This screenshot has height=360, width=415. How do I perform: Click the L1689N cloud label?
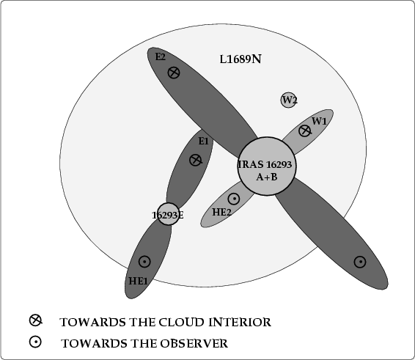point(240,59)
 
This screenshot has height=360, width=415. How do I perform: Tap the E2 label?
point(161,56)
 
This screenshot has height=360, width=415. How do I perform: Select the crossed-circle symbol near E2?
point(174,73)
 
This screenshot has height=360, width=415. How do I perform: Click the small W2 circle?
point(288,100)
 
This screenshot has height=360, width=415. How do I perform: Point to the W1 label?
point(319,121)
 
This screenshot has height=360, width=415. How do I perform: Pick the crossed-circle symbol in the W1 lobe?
point(304,131)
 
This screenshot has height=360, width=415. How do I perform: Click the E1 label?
point(204,141)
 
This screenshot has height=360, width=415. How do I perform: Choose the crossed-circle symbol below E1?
point(196,160)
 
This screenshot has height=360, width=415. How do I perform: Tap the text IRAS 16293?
point(265,164)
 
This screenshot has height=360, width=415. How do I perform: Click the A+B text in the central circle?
point(267,177)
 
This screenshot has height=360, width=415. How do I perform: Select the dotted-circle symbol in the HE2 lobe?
point(234,199)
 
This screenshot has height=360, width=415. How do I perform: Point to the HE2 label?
point(221,212)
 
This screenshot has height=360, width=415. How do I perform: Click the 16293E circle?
point(168,214)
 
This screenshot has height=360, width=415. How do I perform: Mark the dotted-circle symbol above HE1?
point(144,262)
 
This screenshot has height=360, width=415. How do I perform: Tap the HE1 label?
point(138,281)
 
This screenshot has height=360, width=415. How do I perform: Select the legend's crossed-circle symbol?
point(35,320)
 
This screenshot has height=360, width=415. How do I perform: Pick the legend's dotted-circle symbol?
point(35,342)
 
